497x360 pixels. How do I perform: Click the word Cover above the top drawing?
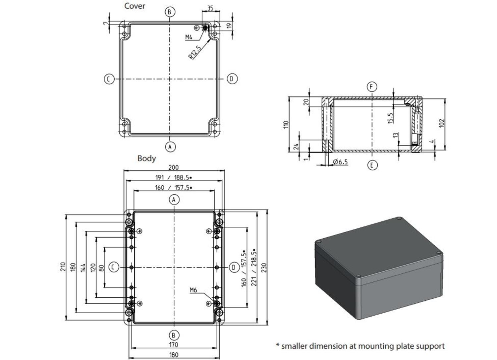tap(135, 6)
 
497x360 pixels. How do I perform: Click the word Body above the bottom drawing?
tap(146, 158)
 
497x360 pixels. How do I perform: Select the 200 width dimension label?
tap(173, 168)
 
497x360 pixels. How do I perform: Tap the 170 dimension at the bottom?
tap(174, 345)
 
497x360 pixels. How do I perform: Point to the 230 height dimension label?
tap(264, 267)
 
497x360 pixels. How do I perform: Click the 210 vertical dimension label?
tap(63, 267)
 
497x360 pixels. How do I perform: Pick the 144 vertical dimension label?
tap(83, 268)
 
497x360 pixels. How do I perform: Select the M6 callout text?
tap(193, 290)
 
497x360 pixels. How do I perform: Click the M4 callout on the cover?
tap(189, 37)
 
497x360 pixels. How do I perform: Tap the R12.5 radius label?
tap(195, 53)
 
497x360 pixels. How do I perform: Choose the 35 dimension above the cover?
tap(210, 8)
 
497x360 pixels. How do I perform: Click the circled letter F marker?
tap(372, 87)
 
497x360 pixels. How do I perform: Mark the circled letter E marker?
tap(372, 165)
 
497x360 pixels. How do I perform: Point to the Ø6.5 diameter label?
tap(340, 162)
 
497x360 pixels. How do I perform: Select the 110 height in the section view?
tap(286, 125)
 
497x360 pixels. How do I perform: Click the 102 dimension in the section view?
tap(441, 123)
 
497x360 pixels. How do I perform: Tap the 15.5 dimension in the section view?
tap(390, 118)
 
